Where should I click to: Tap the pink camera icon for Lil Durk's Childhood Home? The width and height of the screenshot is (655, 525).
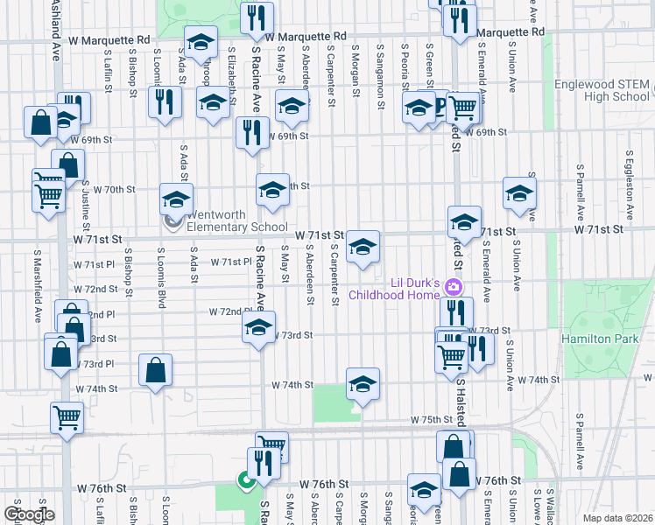[x=454, y=286]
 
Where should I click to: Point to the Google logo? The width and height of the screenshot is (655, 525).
[x=29, y=514]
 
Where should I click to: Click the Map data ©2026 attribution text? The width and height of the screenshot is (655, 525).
[x=616, y=518]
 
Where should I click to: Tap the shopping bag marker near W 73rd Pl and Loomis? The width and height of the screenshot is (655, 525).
[x=155, y=369]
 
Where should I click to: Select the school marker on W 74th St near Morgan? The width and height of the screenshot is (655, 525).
[x=363, y=383]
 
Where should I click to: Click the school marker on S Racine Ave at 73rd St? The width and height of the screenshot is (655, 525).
[x=258, y=327]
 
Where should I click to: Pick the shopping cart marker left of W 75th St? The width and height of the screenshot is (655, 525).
[x=67, y=417]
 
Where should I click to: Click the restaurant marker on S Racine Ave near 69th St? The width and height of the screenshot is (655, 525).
[x=252, y=132]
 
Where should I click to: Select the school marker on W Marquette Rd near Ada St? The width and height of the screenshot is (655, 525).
[x=201, y=42]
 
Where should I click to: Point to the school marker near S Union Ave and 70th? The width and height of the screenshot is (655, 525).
[x=519, y=193]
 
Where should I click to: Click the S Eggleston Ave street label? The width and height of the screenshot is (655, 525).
[x=629, y=189]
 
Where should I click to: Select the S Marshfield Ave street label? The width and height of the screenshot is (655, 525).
[x=39, y=280]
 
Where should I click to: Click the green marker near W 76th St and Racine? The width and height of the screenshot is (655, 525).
[x=246, y=479]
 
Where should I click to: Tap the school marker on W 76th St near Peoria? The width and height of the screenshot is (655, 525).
[x=424, y=490]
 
